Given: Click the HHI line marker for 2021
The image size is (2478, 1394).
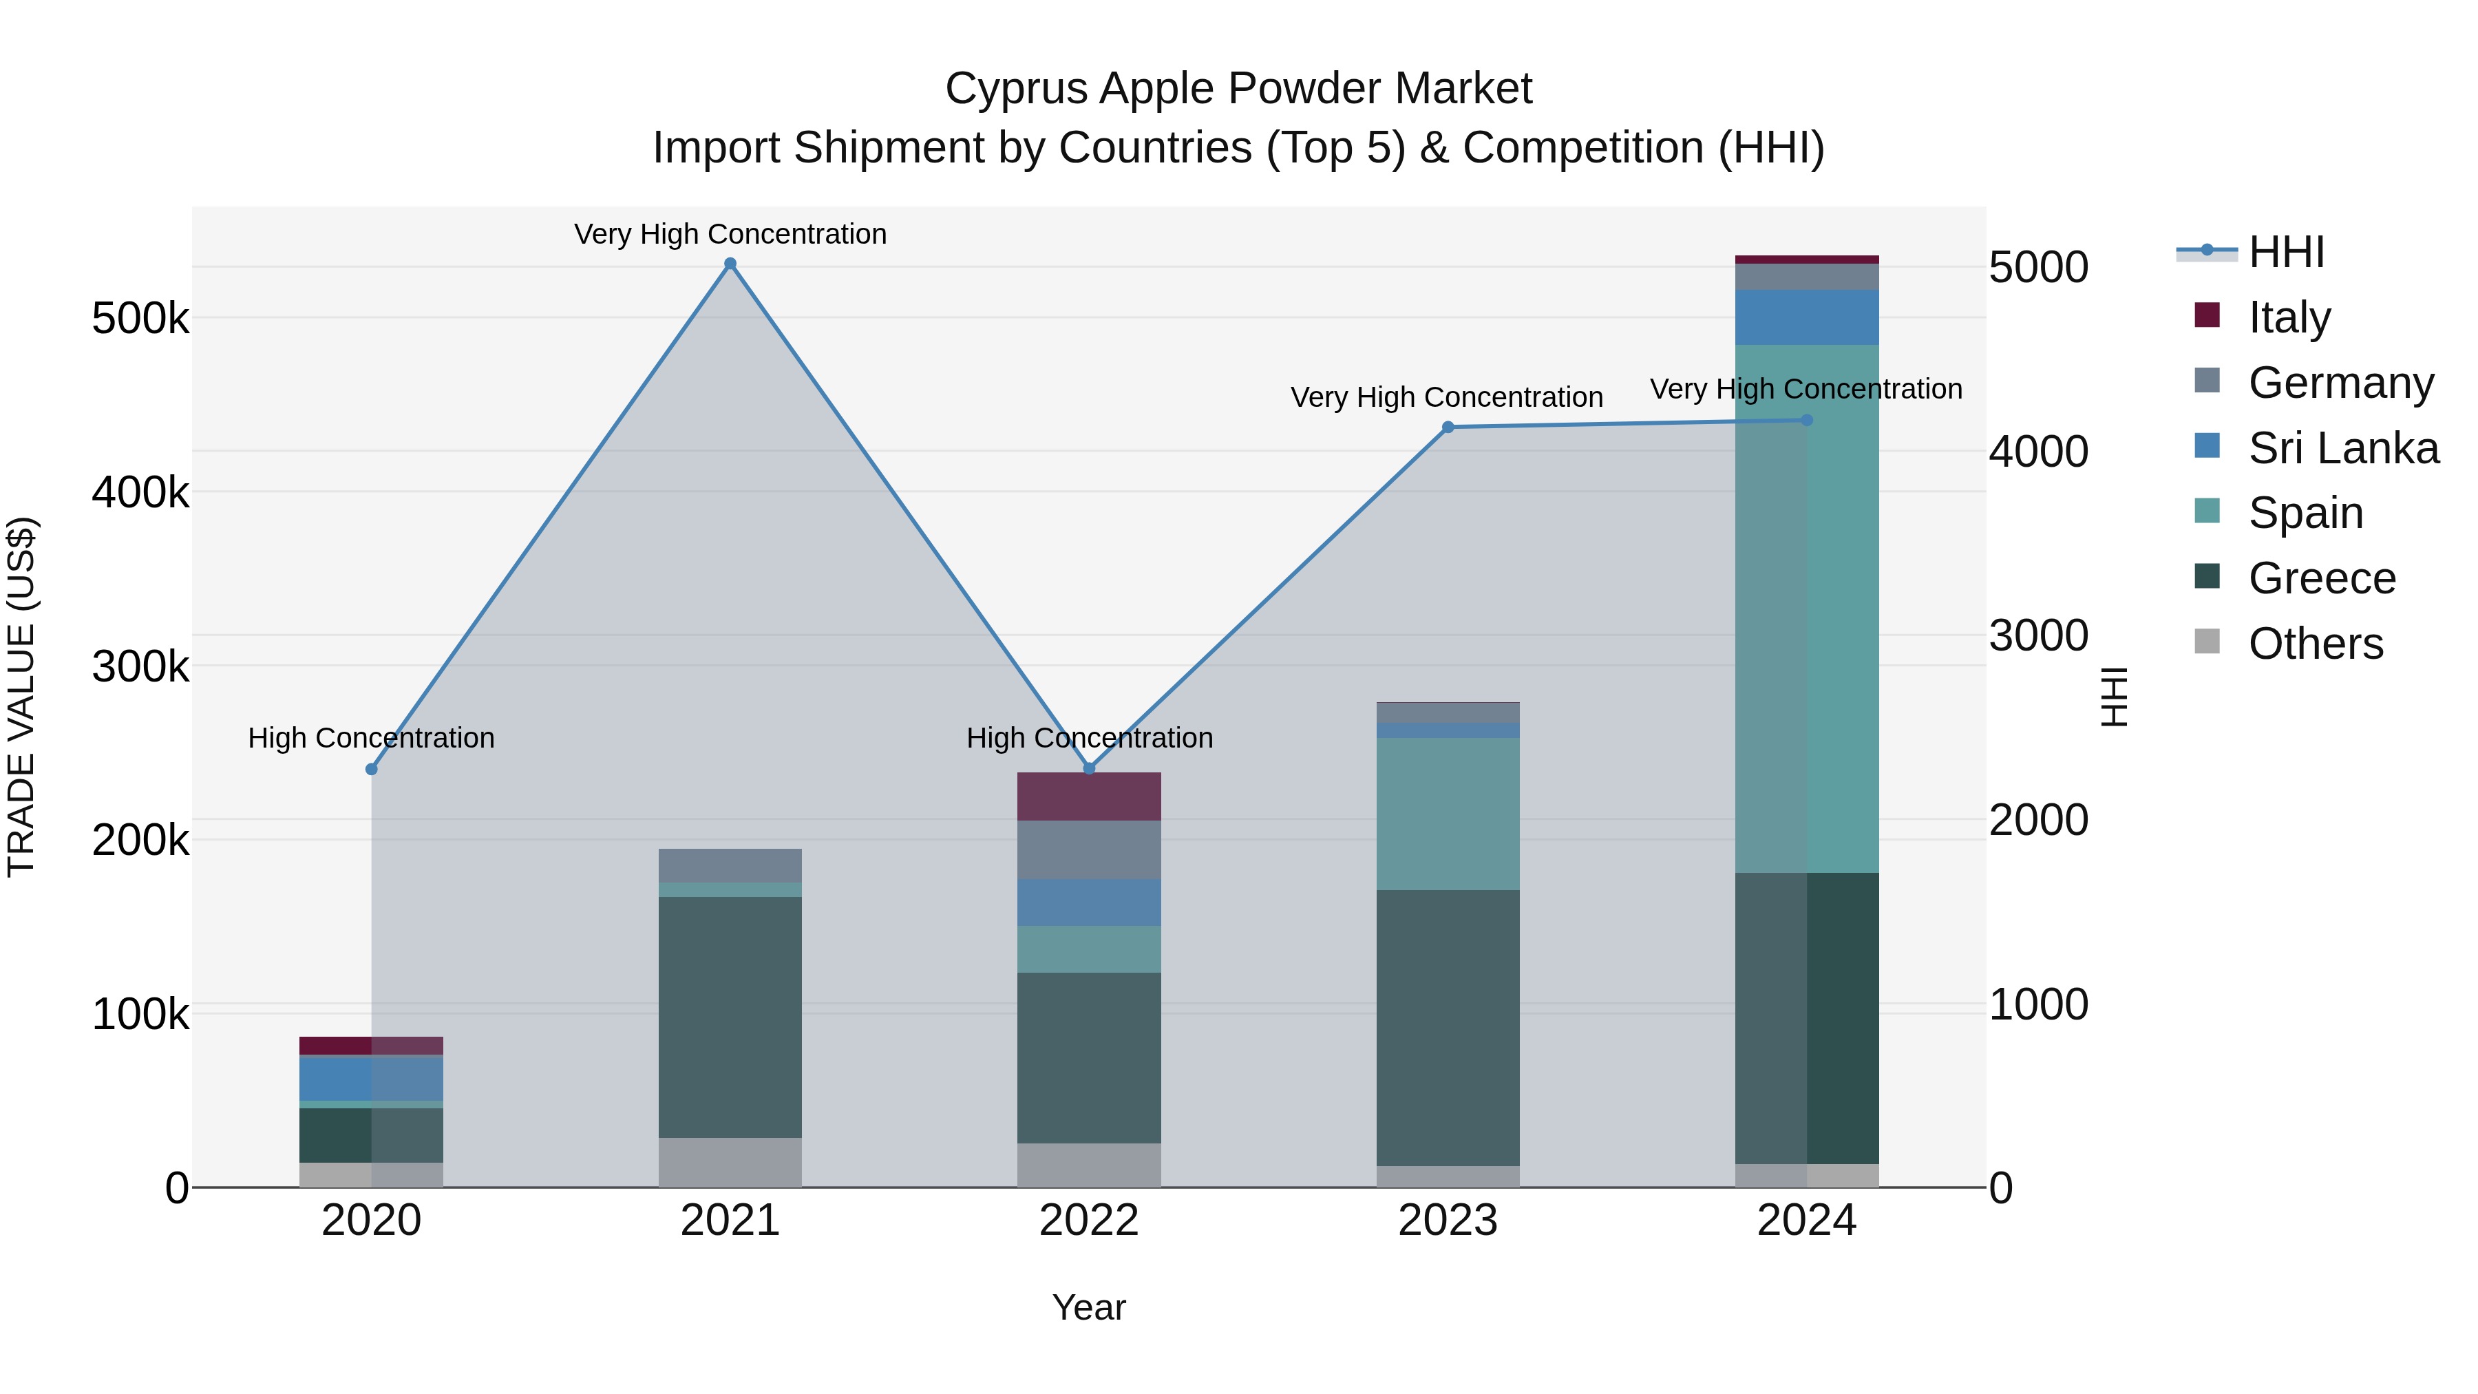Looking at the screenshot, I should point(730,264).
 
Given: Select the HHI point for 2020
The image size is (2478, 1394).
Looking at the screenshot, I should point(371,769).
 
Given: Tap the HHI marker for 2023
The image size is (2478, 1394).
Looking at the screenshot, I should point(1448,427).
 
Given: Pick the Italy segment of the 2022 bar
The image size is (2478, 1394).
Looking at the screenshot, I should point(1089,796).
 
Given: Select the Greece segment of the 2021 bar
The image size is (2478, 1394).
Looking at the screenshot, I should point(730,1017).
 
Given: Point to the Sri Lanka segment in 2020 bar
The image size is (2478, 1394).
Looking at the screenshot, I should point(371,1077).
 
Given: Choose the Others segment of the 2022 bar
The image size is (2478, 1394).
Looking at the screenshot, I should point(1089,1164).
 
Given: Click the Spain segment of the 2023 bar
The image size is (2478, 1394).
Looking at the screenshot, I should point(1448,814).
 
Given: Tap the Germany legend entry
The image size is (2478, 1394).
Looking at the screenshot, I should point(2340,382).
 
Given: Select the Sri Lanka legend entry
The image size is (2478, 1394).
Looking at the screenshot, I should point(2342,447).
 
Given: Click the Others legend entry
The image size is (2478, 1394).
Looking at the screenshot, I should point(2316,643).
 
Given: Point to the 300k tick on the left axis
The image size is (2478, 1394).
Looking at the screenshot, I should point(140,666).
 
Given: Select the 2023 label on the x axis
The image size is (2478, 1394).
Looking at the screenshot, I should point(1448,1221).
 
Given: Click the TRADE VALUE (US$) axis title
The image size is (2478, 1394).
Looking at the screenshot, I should point(21,697).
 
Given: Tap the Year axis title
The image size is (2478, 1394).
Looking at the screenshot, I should point(1089,1307).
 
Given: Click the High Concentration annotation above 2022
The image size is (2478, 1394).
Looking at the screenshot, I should point(1089,738).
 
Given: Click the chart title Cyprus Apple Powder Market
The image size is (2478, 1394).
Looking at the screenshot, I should point(1238,89).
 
